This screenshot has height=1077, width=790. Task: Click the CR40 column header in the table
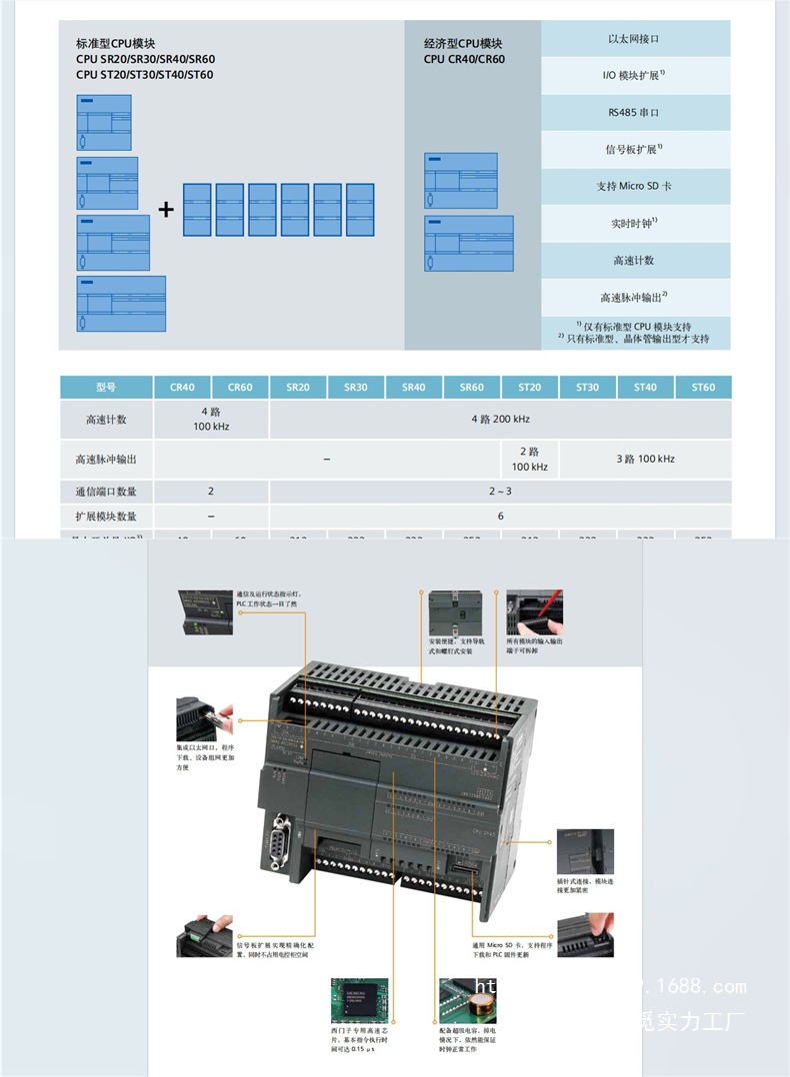(182, 387)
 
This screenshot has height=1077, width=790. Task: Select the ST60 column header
(703, 387)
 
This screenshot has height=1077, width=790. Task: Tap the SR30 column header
(355, 387)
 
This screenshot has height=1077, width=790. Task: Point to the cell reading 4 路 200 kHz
(500, 420)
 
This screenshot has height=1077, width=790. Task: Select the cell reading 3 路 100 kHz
(645, 459)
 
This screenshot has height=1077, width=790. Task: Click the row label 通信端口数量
(106, 492)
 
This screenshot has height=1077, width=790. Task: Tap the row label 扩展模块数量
(106, 517)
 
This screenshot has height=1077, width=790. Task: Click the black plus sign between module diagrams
(166, 209)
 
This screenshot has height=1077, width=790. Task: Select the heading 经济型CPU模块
(463, 44)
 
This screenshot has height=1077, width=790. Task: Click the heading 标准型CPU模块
(116, 44)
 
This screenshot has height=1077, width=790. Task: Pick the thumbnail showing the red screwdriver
(534, 611)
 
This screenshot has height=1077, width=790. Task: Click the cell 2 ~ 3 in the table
(500, 492)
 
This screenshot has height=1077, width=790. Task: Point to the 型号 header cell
(106, 387)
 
